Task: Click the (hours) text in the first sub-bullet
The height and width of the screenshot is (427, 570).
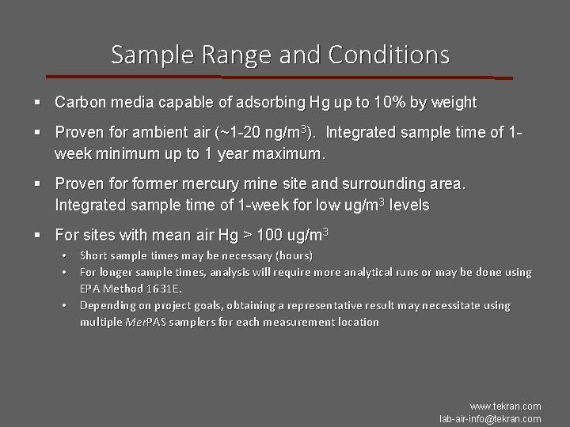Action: (x=292, y=255)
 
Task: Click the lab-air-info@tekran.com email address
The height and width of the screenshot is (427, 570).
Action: (x=490, y=419)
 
